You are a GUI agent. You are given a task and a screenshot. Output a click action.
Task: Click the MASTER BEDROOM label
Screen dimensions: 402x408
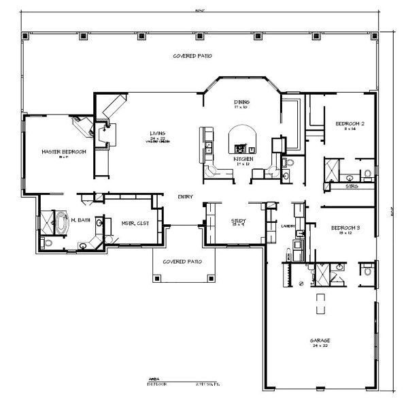click(x=64, y=151)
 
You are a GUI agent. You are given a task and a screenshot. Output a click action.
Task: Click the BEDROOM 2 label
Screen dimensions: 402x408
click(x=350, y=123)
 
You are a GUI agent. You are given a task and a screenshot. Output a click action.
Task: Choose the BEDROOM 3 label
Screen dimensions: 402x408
click(x=346, y=228)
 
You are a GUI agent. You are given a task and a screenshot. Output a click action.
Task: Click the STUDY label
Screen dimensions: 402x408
click(x=237, y=221)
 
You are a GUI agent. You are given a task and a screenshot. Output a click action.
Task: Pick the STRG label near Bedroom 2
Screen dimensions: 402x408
click(x=352, y=185)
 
